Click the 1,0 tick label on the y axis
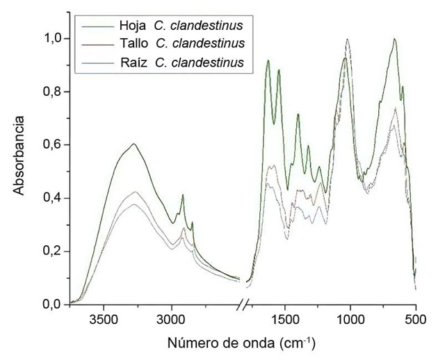click(x=51, y=39)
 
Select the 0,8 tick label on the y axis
click(x=51, y=92)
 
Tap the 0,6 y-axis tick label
click(x=51, y=145)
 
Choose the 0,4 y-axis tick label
click(x=51, y=198)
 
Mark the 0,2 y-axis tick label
click(x=51, y=251)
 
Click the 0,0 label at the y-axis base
click(x=51, y=304)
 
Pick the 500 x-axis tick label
click(x=415, y=320)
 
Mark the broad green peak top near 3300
click(x=133, y=144)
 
